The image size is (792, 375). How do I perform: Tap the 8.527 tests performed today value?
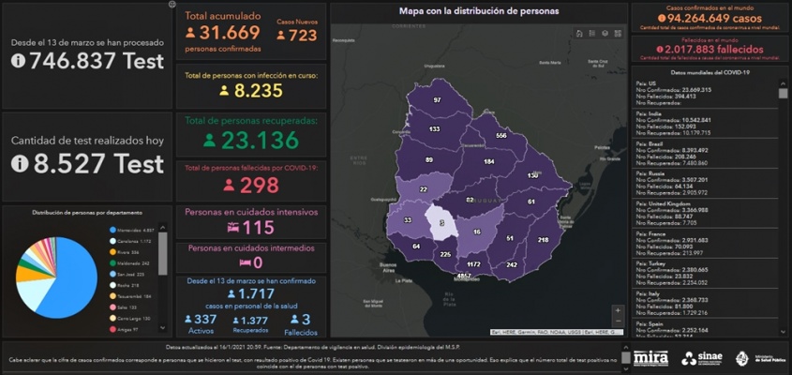click(98, 163)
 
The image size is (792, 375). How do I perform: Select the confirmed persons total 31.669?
click(233, 34)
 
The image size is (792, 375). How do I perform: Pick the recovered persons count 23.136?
click(257, 141)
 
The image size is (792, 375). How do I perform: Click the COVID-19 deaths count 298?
click(260, 185)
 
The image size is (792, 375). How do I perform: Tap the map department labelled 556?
click(501, 136)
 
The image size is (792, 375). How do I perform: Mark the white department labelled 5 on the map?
click(441, 222)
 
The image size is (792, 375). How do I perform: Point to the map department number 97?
click(437, 99)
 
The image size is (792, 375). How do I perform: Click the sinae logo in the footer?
click(703, 358)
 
